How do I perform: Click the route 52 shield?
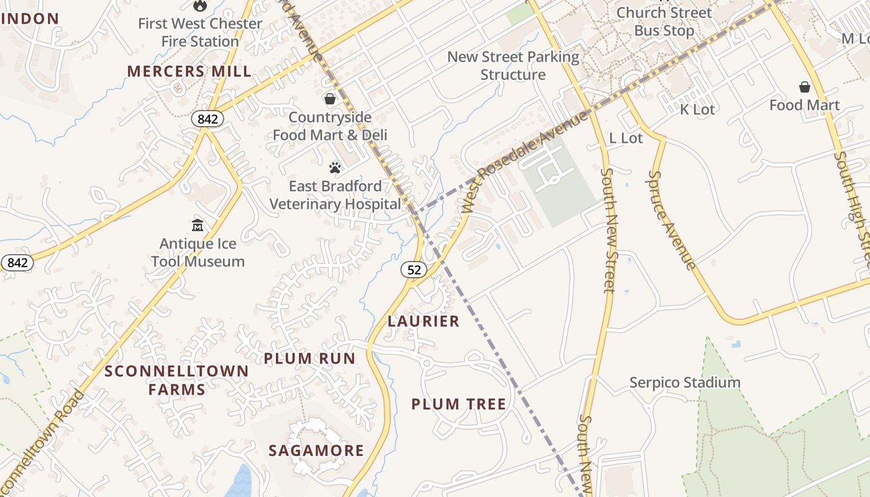pyautogui.click(x=414, y=269)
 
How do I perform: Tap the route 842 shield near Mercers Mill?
pyautogui.click(x=207, y=119)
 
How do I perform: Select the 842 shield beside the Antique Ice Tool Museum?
pyautogui.click(x=17, y=263)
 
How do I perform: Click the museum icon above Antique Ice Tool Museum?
pyautogui.click(x=198, y=225)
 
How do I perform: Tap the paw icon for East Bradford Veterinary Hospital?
pyautogui.click(x=335, y=167)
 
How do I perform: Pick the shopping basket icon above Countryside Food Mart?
pyautogui.click(x=330, y=99)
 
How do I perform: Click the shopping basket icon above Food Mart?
pyautogui.click(x=805, y=87)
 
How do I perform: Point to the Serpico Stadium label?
pyautogui.click(x=685, y=382)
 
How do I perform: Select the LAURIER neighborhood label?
pyautogui.click(x=424, y=321)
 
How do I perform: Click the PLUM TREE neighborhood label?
pyautogui.click(x=459, y=404)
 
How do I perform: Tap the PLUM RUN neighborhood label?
pyautogui.click(x=309, y=358)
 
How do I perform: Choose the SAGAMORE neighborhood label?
pyautogui.click(x=316, y=450)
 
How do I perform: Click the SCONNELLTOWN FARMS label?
pyautogui.click(x=176, y=380)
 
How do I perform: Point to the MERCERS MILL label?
pyautogui.click(x=190, y=71)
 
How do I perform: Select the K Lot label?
pyautogui.click(x=697, y=109)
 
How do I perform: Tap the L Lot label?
pyautogui.click(x=626, y=138)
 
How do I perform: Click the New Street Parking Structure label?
pyautogui.click(x=513, y=66)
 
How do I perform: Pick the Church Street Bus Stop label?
pyautogui.click(x=664, y=21)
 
